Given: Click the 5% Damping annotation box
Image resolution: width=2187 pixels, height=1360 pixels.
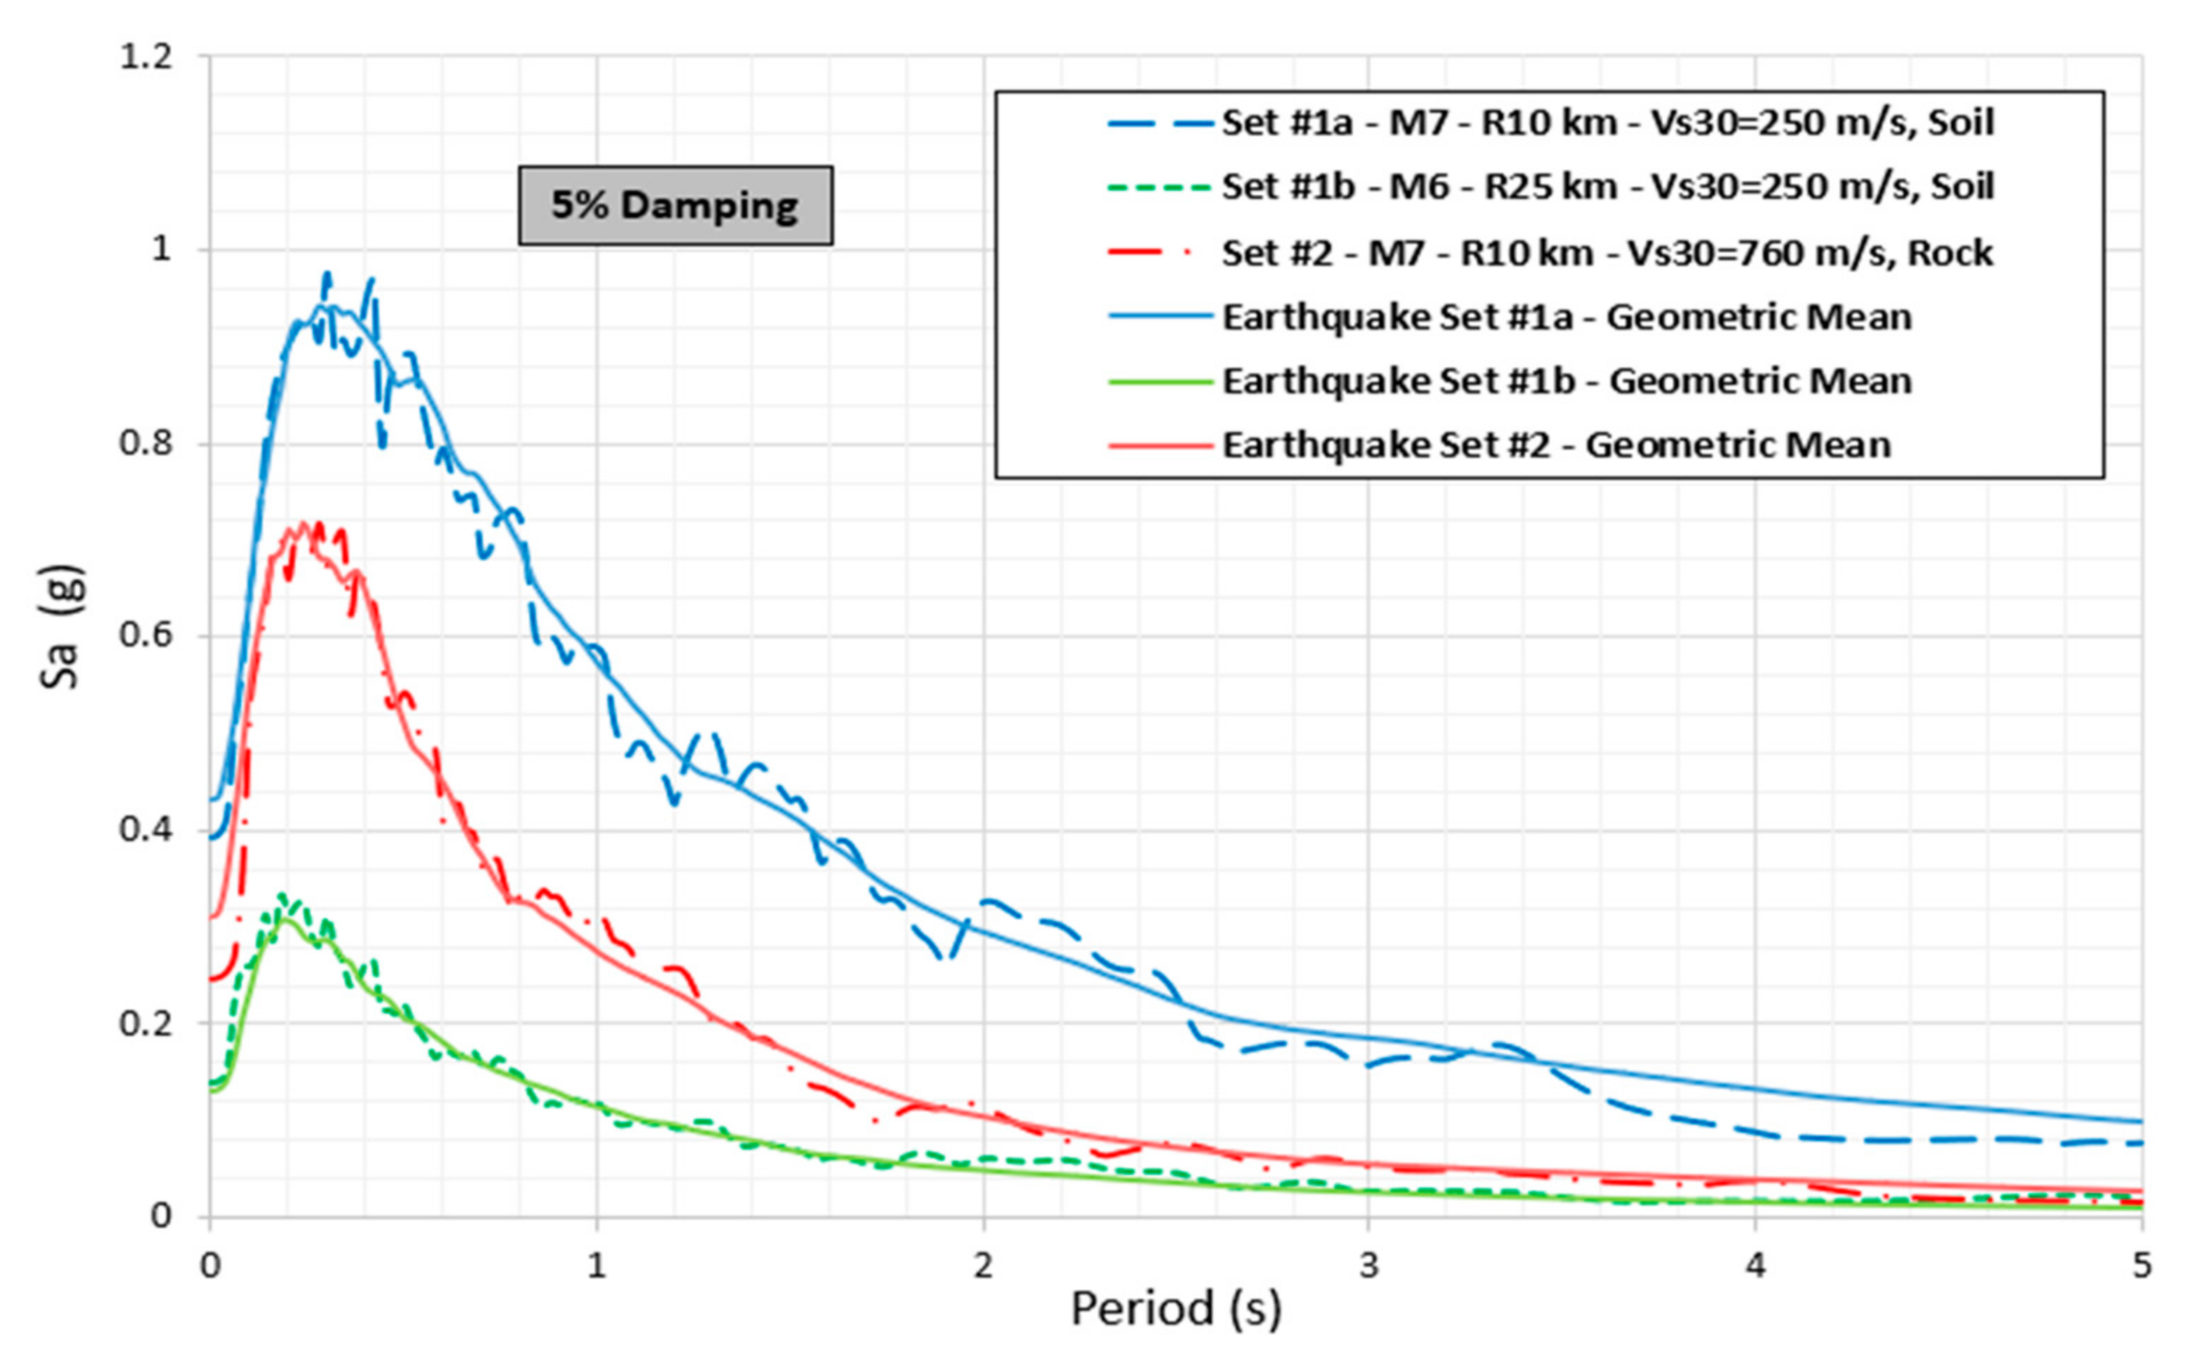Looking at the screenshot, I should [674, 205].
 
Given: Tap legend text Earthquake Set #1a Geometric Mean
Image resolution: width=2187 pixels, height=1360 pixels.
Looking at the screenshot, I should [1566, 318].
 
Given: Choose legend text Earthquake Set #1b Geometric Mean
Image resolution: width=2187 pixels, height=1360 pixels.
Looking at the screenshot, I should [1566, 381].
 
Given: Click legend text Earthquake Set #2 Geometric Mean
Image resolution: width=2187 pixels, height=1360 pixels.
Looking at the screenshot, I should [1555, 445].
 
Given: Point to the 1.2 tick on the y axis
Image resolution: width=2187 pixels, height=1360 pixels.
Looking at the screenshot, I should [146, 57].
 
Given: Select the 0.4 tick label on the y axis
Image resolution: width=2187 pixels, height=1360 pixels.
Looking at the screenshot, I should [146, 829].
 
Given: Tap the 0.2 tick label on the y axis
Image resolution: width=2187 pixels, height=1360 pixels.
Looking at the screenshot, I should [146, 1024].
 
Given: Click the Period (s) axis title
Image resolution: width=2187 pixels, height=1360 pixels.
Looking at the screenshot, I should [1176, 1309].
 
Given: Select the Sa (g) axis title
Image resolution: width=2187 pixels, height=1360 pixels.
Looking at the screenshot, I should [61, 626].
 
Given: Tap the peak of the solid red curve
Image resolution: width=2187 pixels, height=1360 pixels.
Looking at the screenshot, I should [301, 524].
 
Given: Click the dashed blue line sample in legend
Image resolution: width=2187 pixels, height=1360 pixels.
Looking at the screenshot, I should [1159, 122].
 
